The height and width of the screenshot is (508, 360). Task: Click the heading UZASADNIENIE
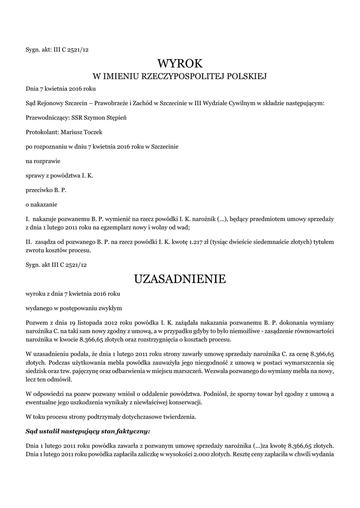click(180, 279)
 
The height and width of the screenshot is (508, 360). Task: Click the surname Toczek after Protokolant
click(97, 132)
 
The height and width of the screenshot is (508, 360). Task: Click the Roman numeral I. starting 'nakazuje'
click(28, 218)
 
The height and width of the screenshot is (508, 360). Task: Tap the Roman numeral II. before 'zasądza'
click(29, 242)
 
